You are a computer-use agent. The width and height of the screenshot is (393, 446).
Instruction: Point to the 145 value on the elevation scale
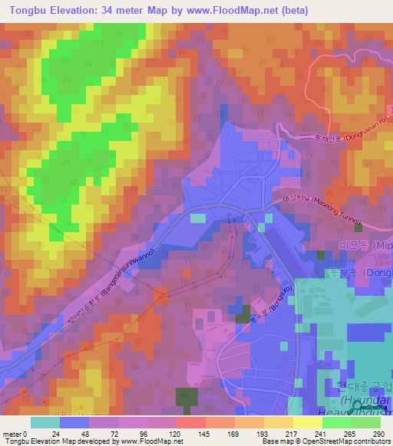coord(189,433)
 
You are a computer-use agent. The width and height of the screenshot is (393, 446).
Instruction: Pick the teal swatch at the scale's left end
coord(45,422)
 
